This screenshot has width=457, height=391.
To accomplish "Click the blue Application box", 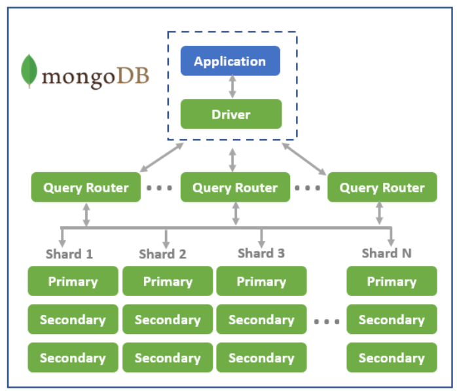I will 230,61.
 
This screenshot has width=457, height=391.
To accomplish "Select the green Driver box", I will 230,114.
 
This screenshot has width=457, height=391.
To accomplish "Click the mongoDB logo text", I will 96,76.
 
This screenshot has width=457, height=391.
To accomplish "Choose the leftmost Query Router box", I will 86,187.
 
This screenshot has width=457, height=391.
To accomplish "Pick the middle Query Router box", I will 234,187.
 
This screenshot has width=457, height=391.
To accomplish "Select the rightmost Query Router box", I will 382,187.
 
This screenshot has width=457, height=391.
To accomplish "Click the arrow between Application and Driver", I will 231,87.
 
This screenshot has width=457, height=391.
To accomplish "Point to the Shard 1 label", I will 69,254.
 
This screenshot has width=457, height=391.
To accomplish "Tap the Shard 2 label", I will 162,254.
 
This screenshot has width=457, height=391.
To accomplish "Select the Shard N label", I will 386,253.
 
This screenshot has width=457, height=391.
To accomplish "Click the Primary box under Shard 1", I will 73,281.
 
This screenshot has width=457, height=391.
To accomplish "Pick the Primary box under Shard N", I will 391,281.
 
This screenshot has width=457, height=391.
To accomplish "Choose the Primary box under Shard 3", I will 261,281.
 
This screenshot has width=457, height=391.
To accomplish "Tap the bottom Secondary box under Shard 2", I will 167,358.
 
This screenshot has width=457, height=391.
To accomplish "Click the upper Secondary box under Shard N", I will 391,320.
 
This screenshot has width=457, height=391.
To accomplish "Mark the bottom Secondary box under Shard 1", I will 73,358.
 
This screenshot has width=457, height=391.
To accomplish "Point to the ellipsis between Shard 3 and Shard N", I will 326,322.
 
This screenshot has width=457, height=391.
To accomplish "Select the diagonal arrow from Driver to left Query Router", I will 161,158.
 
